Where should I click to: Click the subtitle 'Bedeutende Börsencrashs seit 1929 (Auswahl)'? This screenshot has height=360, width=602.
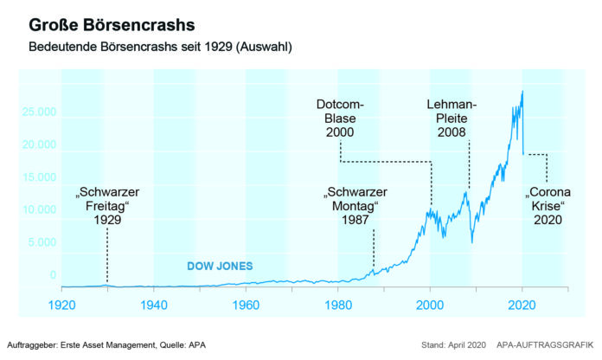[160, 46]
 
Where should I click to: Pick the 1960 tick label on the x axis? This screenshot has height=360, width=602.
[247, 305]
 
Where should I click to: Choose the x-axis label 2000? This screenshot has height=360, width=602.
[431, 305]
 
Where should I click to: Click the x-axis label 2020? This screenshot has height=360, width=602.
[522, 305]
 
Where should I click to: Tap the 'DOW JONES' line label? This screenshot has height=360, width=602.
[220, 267]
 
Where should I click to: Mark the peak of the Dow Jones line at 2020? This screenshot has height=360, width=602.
[522, 92]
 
